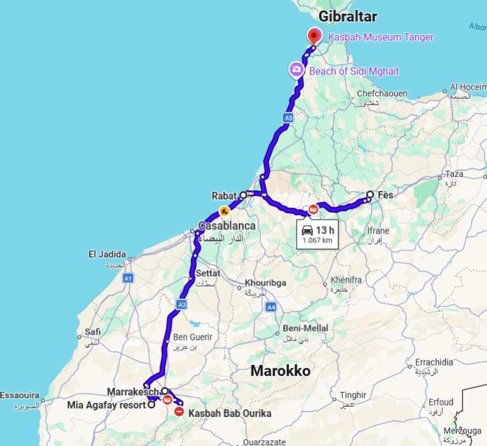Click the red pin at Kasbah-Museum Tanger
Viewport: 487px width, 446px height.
pyautogui.click(x=314, y=36)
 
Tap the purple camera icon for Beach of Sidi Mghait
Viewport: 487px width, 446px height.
pyautogui.click(x=296, y=70)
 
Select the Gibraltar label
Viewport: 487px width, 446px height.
pyautogui.click(x=348, y=16)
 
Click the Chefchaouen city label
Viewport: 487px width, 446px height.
pyautogui.click(x=382, y=93)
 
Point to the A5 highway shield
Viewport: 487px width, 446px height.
pyautogui.click(x=288, y=117)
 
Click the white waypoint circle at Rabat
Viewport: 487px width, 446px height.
pyautogui.click(x=243, y=195)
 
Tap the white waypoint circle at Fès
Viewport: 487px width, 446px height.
pyautogui.click(x=370, y=195)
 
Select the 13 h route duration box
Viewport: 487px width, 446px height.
pyautogui.click(x=317, y=234)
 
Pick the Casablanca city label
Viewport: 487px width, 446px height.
pyautogui.click(x=227, y=225)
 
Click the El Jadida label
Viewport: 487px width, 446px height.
pyautogui.click(x=107, y=253)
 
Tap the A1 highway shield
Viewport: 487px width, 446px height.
pyautogui.click(x=127, y=279)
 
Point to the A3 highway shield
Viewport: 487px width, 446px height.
pyautogui.click(x=181, y=304)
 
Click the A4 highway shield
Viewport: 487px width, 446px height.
pyautogui.click(x=271, y=307)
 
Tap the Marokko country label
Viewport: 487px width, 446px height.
pyautogui.click(x=281, y=371)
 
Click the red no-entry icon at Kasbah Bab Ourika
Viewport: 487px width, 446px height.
pyautogui.click(x=179, y=412)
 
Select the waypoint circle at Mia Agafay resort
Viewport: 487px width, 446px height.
pyautogui.click(x=151, y=405)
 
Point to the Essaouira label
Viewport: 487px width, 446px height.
pyautogui.click(x=20, y=394)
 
